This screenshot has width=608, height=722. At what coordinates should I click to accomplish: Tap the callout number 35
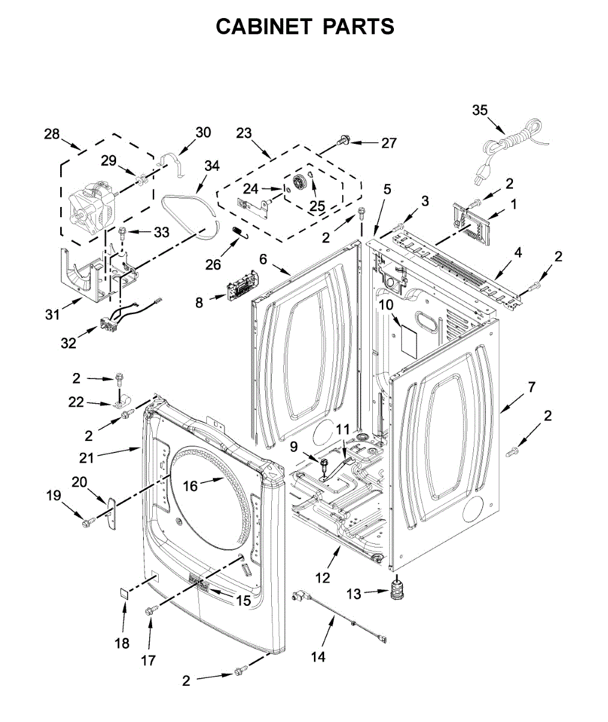point(480,110)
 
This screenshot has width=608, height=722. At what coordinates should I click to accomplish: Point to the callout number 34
point(212,166)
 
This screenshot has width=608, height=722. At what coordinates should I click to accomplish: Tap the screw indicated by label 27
point(343,140)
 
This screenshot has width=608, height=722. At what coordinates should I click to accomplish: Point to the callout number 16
point(190,486)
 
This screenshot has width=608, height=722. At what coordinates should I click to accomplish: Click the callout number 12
point(322,578)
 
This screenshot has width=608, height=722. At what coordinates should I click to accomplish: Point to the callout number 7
point(531,387)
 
